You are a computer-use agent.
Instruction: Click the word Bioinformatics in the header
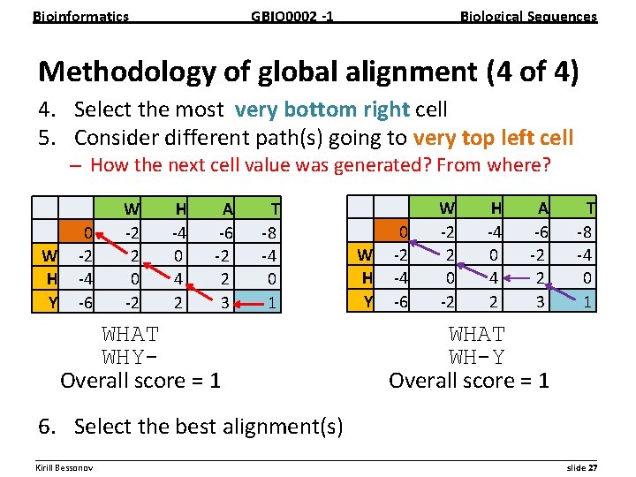coord(80,16)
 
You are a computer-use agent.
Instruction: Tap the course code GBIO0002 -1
coord(292,16)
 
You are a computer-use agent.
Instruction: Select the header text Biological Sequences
coord(529,16)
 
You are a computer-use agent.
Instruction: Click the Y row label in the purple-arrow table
coord(366,302)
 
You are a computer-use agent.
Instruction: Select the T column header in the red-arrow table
coord(276,209)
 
